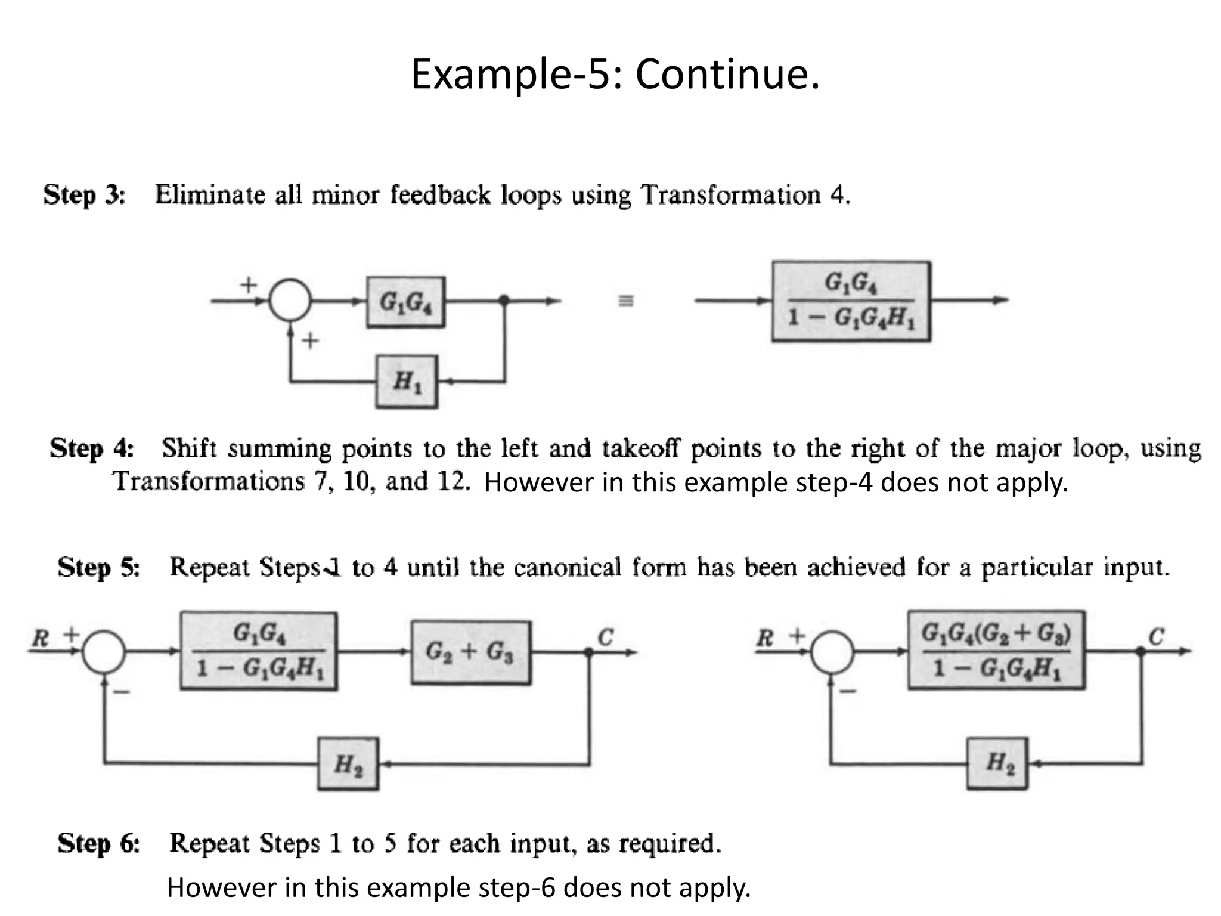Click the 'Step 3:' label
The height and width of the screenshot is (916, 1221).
tap(85, 196)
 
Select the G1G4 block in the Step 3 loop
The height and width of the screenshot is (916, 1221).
tap(405, 302)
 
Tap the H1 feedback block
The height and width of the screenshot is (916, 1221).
tap(407, 382)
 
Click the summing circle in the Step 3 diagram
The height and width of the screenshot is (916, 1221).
tap(290, 301)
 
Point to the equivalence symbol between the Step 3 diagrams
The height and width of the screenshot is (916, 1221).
tap(625, 301)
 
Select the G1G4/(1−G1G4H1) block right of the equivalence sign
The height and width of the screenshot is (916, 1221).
tap(851, 301)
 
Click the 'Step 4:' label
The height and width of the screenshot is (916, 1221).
tap(92, 448)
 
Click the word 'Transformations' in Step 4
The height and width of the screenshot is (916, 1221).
tap(208, 481)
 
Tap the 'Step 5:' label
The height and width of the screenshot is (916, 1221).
tap(98, 567)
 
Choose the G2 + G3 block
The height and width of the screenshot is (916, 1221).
tap(470, 652)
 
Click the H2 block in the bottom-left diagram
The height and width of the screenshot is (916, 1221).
tap(348, 764)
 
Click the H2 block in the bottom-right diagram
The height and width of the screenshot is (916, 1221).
tap(997, 763)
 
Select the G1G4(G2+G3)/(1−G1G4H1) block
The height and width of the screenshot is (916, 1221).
tap(996, 651)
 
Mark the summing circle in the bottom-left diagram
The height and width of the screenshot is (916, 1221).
tap(104, 652)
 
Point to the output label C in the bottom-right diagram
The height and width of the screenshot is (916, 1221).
tap(1156, 637)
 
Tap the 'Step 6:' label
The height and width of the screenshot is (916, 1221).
tap(98, 843)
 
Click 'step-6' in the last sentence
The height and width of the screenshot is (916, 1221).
tap(525, 888)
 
